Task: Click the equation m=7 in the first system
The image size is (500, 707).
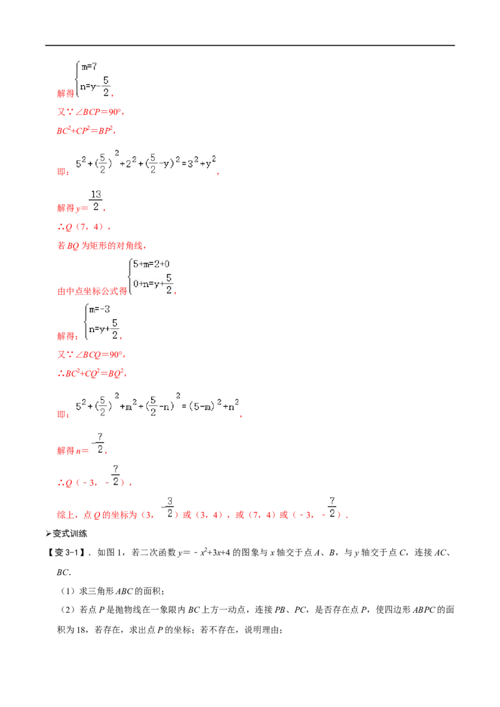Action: [89, 67]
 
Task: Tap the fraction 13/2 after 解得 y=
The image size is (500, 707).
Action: [96, 200]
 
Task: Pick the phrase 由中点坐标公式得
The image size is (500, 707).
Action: [92, 291]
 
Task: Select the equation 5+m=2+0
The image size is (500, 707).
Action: [151, 264]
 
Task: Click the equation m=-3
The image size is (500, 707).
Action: [99, 309]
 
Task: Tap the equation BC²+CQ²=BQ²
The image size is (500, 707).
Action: [92, 373]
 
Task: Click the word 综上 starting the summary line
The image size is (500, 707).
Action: [66, 515]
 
